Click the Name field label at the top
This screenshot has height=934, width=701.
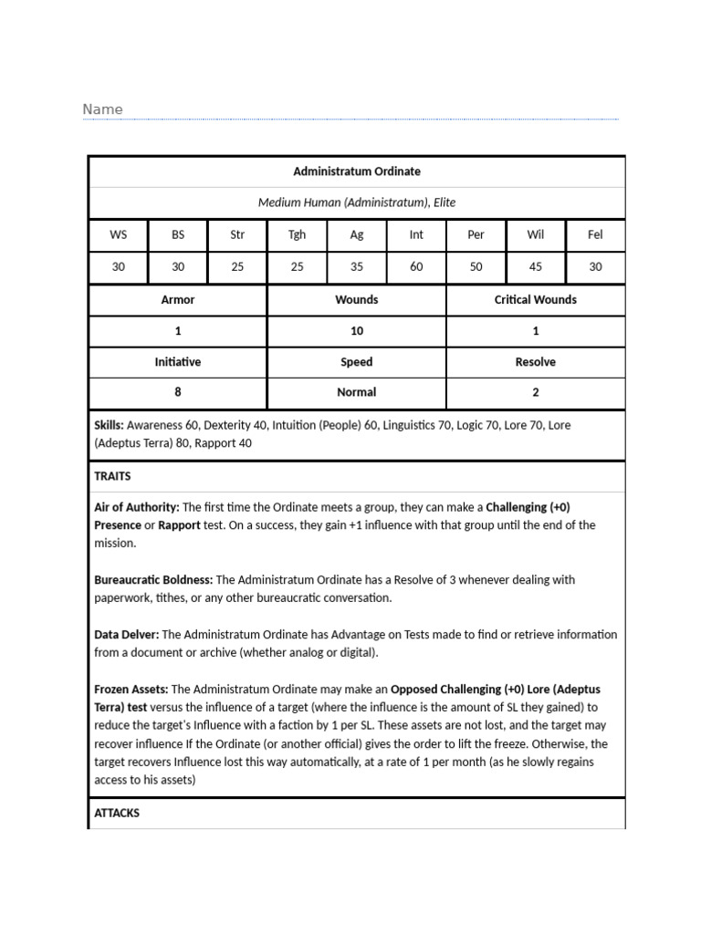(102, 109)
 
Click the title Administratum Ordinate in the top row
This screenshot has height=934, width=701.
(356, 171)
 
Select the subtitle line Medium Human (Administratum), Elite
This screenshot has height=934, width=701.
(356, 202)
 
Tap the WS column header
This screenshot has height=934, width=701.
(118, 234)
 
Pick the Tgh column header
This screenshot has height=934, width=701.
(297, 234)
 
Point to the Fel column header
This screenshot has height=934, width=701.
(595, 234)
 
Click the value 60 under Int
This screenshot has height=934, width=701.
(416, 266)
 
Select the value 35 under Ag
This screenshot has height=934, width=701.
(357, 266)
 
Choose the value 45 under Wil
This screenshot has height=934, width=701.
(536, 266)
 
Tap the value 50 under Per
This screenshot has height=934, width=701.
(476, 266)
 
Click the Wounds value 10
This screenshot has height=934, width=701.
(356, 331)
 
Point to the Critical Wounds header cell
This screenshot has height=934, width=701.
(535, 299)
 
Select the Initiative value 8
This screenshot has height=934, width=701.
(177, 392)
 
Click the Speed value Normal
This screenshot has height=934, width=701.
(356, 392)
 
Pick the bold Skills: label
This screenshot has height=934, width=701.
(109, 425)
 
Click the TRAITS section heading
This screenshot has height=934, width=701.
(112, 476)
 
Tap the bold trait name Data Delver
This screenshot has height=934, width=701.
(126, 635)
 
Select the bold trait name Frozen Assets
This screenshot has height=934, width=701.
(131, 690)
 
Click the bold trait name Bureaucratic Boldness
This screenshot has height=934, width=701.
(153, 580)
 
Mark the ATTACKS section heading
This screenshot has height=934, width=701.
(117, 813)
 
